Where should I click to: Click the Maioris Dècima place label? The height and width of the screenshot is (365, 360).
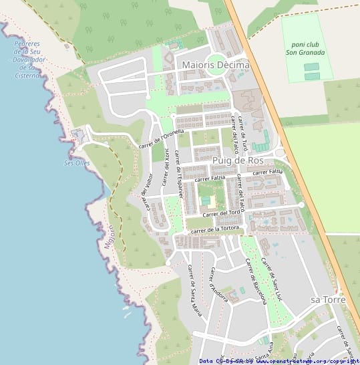click(215, 66)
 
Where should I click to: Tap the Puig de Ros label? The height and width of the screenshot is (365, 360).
click(238, 162)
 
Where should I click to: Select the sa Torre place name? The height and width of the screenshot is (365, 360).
click(328, 300)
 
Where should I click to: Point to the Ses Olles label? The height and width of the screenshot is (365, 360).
click(77, 163)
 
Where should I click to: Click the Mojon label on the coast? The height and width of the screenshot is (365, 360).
click(110, 237)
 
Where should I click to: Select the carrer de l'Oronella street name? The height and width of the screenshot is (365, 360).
click(161, 138)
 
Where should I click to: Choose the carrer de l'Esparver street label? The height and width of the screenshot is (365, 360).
click(178, 170)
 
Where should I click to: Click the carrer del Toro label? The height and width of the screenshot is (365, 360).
click(221, 213)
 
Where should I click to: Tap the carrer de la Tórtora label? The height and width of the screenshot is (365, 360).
click(214, 229)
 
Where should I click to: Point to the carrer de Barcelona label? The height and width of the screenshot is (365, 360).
click(256, 281)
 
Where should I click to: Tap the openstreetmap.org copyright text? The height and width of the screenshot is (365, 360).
click(308, 361)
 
